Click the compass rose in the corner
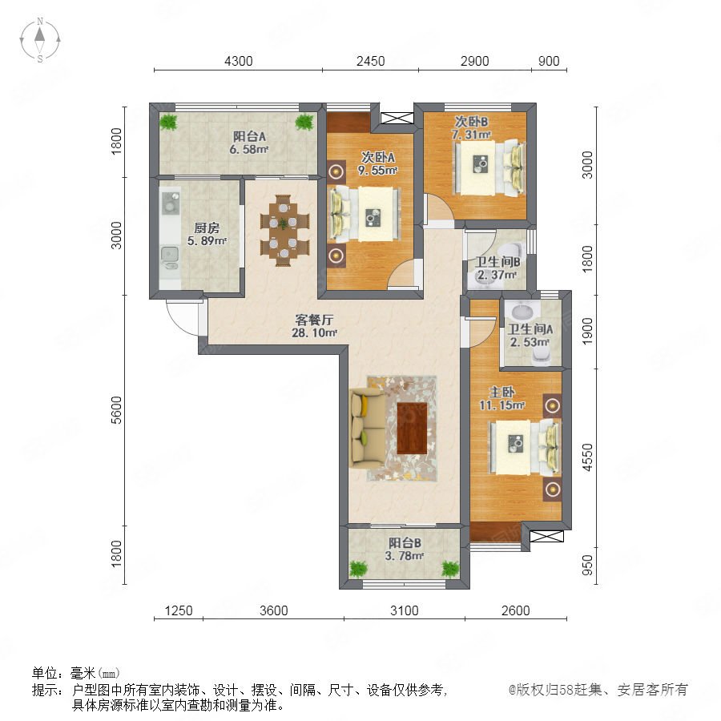coord(40,40)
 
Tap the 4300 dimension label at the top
coord(238,61)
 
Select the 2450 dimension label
coord(370,61)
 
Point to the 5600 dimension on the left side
coord(117,409)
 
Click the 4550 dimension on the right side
coord(588,457)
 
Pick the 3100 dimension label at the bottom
coord(405,610)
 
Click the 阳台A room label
coord(249,136)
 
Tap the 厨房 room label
coord(207,228)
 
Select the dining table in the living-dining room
coord(284,230)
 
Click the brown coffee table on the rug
coord(412,428)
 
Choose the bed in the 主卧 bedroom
coord(525,448)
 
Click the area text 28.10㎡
coord(315,332)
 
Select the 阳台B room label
coord(405,543)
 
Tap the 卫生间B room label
coord(497,262)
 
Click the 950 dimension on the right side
coord(588,565)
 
